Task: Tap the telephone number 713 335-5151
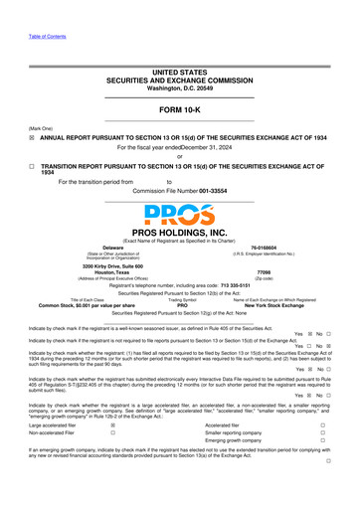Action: pos(238,285)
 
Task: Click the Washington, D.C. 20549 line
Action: pos(180,87)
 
